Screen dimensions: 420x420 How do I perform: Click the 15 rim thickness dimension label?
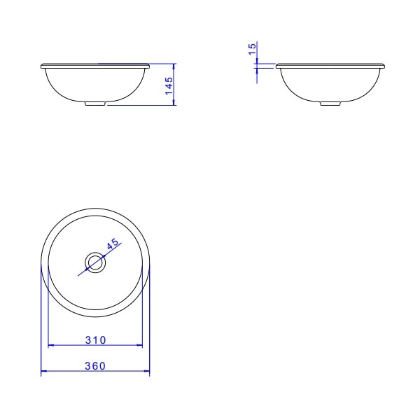pyautogui.click(x=252, y=49)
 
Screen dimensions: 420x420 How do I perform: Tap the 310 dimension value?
pyautogui.click(x=95, y=340)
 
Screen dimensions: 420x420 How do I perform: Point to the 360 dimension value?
pyautogui.click(x=95, y=366)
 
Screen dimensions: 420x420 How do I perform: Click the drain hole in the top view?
pyautogui.click(x=95, y=262)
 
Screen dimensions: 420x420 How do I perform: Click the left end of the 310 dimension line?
pyautogui.click(x=48, y=346)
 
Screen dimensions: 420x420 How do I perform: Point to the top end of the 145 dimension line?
pyautogui.click(x=175, y=64)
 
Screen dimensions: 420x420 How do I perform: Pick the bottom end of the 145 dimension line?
pyautogui.click(x=175, y=106)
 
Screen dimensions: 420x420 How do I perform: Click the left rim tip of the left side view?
pyautogui.click(x=42, y=66)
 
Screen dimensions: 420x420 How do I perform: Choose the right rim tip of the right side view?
pyautogui.click(x=385, y=66)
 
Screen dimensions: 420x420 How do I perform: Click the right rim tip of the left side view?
pyautogui.click(x=149, y=66)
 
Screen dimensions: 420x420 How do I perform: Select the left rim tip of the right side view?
pyautogui.click(x=277, y=66)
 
